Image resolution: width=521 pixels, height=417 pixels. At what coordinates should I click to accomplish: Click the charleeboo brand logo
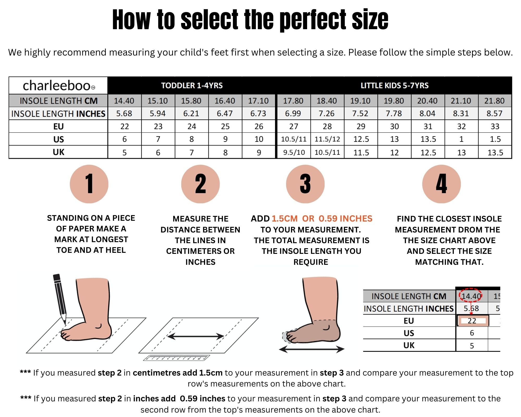click(x=59, y=85)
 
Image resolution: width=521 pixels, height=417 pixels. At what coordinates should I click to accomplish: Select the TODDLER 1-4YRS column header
click(x=192, y=85)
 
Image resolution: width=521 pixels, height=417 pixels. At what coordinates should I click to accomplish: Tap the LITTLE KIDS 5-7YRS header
click(x=394, y=85)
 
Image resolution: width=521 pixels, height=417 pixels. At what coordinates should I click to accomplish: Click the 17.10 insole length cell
click(x=258, y=101)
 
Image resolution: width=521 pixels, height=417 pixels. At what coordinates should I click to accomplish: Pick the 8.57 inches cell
click(x=494, y=113)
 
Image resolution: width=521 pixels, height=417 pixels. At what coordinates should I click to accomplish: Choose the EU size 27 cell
click(x=294, y=126)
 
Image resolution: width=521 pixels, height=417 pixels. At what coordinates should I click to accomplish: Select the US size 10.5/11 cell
click(x=294, y=139)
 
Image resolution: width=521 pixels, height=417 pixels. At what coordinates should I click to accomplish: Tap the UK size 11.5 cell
click(x=361, y=152)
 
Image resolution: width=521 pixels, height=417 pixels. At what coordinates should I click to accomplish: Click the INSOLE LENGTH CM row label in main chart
click(x=59, y=101)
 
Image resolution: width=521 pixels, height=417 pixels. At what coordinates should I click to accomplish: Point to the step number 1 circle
click(x=89, y=184)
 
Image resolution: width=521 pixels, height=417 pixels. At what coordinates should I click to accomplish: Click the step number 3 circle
click(x=305, y=184)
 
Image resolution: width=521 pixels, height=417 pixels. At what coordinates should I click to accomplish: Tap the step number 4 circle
click(x=442, y=184)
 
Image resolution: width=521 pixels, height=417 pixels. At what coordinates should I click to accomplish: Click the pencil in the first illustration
click(x=60, y=299)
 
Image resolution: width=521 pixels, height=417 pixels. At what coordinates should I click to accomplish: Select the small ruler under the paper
click(x=176, y=358)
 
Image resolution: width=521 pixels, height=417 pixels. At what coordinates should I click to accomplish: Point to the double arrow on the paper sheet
click(x=195, y=336)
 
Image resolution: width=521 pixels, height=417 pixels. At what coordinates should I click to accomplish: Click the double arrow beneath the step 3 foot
click(x=312, y=349)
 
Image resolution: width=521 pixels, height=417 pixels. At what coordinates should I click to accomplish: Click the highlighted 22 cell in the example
click(x=472, y=321)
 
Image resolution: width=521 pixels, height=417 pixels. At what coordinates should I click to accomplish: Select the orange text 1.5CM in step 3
click(x=284, y=218)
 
